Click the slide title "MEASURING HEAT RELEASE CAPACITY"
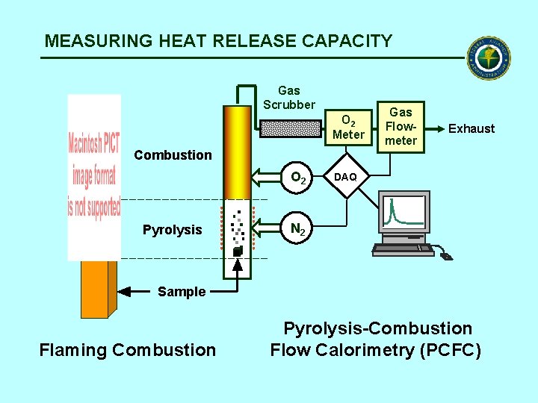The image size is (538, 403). point(218,41)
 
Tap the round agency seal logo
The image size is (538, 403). point(489,57)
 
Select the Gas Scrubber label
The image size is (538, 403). point(289,98)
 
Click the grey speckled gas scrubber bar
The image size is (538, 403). point(291,129)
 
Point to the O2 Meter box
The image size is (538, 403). point(348,127)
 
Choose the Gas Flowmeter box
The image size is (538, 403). point(401,126)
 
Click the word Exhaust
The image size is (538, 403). point(471,128)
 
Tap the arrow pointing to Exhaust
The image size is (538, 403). point(434,128)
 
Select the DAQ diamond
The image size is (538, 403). point(345,177)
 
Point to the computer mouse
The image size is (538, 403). point(445,256)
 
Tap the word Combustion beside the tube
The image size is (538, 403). point(173,154)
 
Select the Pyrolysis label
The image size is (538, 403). point(172,230)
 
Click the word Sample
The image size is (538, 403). point(181,292)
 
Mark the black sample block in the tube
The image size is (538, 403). point(237,252)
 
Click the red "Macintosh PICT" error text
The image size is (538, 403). point(94,177)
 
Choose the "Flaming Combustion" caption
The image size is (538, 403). point(127,349)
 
